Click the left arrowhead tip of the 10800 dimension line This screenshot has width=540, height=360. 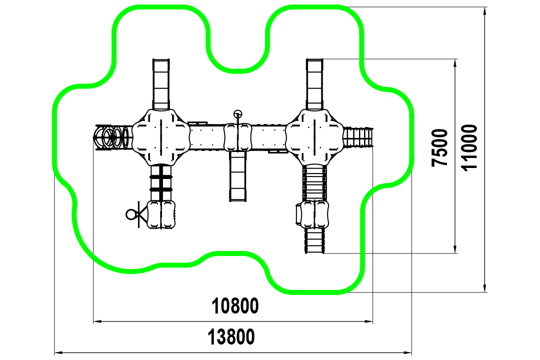point(93,322)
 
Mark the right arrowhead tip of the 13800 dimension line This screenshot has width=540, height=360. point(411,353)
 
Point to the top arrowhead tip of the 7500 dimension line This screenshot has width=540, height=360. point(455,59)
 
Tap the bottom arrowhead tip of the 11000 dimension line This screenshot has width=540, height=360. point(484,292)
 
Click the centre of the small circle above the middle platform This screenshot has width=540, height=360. point(237,113)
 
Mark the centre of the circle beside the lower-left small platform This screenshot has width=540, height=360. point(131,214)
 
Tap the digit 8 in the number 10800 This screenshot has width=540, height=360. point(235,306)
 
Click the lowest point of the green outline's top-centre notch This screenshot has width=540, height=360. point(237,71)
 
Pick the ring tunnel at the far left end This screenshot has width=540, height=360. point(112,137)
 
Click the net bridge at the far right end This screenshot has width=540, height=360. point(358,137)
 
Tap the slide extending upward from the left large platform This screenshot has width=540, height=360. point(161,84)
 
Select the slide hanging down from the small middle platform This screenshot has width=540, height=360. point(238,176)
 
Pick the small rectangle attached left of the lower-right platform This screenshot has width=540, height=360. point(298,214)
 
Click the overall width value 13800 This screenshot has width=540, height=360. point(231,337)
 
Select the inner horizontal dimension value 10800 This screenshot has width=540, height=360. point(235,306)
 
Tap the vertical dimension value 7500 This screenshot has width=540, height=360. point(439,148)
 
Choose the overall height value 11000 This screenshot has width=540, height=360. point(469,147)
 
